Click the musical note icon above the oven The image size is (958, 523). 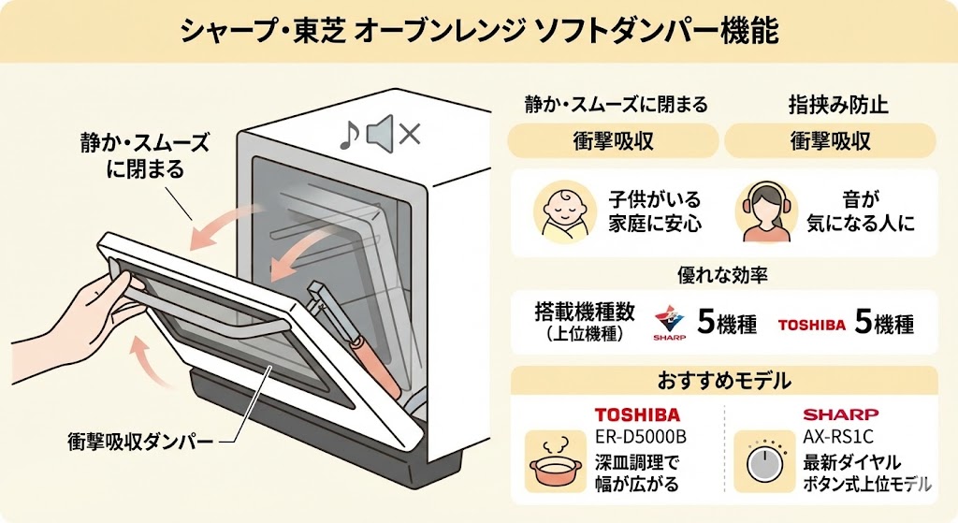[x=348, y=137]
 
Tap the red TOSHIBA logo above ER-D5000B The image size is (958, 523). [x=637, y=414]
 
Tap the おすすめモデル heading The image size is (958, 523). [x=724, y=382]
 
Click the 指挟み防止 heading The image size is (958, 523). [x=831, y=104]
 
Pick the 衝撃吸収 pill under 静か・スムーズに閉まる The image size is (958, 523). [x=613, y=141]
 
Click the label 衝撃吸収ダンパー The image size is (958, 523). [x=140, y=439]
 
